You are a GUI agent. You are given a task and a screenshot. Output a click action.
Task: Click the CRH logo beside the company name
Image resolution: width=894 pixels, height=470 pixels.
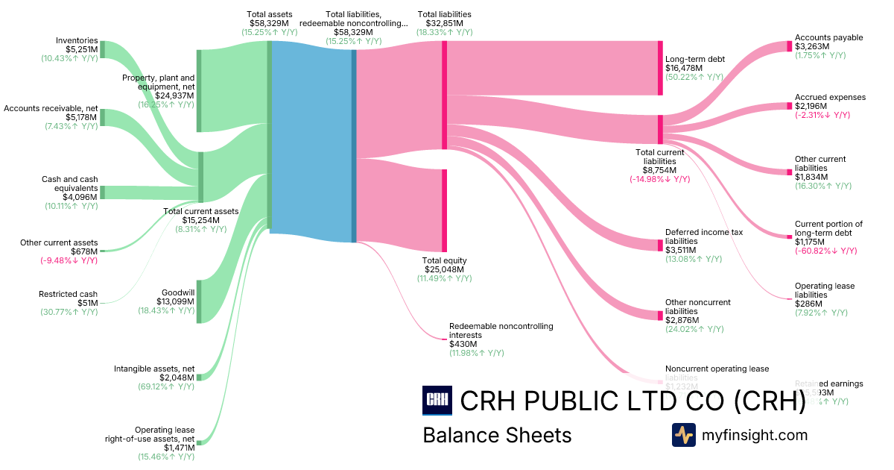point(437,401)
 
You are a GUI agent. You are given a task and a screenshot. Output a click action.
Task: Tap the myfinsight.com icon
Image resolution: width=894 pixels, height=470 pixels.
point(683,435)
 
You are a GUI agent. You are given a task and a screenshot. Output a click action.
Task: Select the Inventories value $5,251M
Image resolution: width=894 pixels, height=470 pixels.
point(81,50)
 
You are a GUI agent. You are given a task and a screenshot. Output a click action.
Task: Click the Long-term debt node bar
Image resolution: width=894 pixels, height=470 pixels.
point(660,68)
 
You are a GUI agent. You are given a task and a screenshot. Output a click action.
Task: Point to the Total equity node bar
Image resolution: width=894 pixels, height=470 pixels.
point(445,210)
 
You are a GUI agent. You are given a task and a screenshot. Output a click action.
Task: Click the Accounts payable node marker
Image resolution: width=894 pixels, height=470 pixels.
point(790,46)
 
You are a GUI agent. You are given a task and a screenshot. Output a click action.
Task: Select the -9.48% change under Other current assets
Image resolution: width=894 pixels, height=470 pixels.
point(69,260)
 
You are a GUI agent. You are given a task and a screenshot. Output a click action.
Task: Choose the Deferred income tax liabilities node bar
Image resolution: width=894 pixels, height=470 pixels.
point(660,245)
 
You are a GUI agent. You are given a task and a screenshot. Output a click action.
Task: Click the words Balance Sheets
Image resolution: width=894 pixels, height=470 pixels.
point(497,435)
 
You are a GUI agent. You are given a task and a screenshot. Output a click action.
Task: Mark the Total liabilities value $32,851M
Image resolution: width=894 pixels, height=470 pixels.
point(444,23)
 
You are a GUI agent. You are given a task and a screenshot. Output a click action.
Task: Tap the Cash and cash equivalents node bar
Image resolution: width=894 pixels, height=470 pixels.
point(102,192)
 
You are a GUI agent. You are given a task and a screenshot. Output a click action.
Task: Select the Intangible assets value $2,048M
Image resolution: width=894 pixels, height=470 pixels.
point(177,377)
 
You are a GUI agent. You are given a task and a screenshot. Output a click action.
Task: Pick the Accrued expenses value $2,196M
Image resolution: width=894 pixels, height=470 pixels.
point(811,106)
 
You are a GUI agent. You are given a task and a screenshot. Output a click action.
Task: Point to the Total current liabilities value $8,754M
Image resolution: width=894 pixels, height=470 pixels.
point(660,170)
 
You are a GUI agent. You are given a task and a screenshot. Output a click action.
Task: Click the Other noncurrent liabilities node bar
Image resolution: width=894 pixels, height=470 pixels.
point(660,314)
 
